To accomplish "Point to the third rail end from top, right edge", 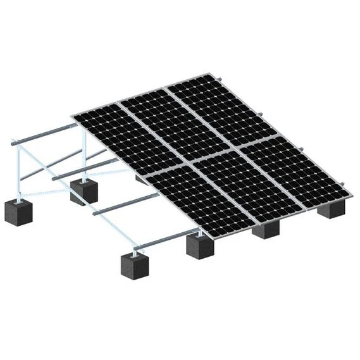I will (x=302, y=149).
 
